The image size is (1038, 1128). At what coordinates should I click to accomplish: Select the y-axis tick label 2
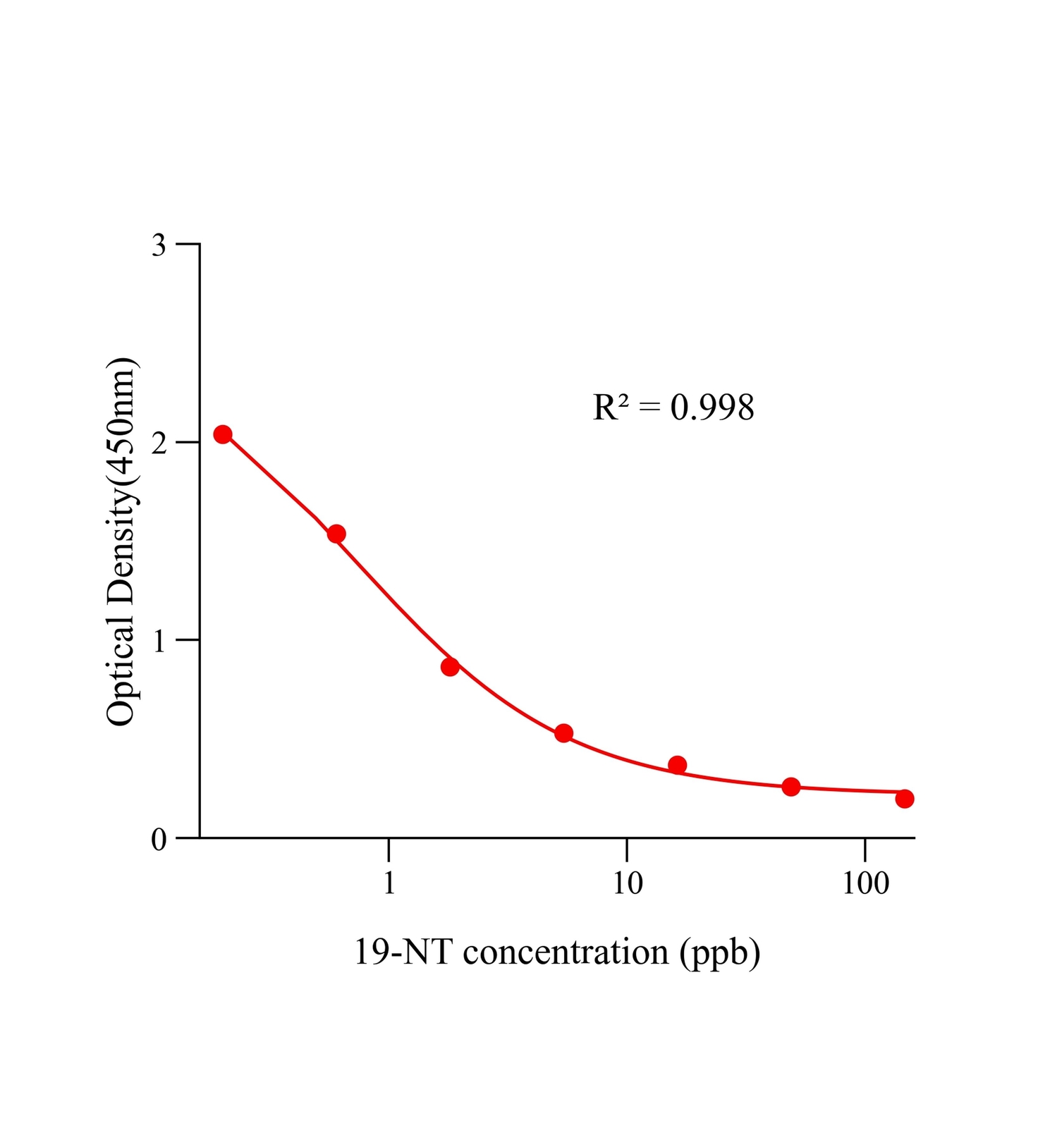click(159, 443)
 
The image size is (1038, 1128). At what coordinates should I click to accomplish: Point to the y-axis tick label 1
click(159, 641)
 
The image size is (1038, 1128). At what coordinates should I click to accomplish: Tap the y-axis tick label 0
click(159, 839)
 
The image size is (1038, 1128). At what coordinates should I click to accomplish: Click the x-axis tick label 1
click(389, 883)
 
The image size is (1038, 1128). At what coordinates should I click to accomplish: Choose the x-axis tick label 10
click(627, 883)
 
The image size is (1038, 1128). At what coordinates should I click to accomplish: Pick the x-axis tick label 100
click(865, 883)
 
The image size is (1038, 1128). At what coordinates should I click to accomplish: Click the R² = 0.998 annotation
click(673, 407)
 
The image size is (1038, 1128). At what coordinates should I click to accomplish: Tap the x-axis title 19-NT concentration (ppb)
click(557, 952)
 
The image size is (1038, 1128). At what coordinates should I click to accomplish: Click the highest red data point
click(223, 434)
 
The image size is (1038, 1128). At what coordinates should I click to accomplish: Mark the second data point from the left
click(336, 534)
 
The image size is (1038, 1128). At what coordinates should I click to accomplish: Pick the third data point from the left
click(450, 666)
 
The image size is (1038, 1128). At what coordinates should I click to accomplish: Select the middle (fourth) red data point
click(563, 733)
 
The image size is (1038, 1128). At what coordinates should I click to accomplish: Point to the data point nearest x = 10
click(677, 765)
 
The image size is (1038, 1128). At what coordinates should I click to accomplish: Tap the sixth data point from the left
click(791, 787)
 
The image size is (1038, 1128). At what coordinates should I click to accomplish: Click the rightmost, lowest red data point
click(905, 799)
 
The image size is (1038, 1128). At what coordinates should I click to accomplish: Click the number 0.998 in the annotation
click(712, 407)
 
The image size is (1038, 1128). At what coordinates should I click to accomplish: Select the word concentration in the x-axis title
click(566, 952)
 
